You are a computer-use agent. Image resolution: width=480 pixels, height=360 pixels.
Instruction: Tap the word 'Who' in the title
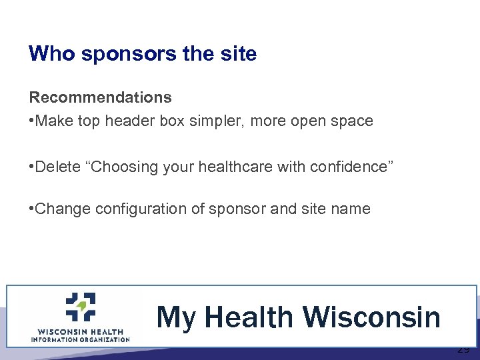[52, 54]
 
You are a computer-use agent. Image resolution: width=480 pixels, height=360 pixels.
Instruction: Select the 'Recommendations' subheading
[100, 97]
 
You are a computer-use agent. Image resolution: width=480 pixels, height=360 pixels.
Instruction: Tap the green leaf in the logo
[82, 306]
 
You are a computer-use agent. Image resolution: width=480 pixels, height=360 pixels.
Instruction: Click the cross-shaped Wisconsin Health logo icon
[81, 307]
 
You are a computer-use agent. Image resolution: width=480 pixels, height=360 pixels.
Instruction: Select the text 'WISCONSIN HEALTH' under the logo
[80, 331]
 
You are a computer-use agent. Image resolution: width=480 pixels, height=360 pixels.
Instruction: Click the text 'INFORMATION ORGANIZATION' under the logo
[80, 339]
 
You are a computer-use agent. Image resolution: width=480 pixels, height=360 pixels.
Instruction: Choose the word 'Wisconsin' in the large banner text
[372, 317]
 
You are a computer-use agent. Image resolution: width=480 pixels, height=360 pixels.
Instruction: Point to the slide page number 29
[463, 350]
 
